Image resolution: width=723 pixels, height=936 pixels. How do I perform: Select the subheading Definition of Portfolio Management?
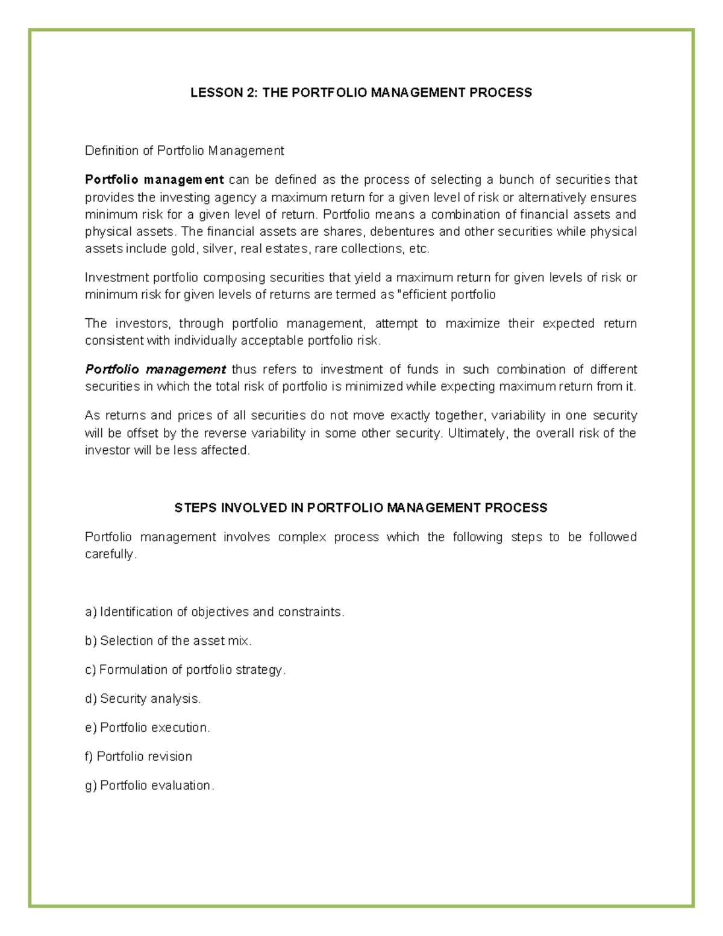184,151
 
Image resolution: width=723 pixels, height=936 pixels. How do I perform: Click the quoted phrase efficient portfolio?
448,295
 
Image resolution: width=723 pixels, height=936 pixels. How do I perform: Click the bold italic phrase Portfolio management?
155,369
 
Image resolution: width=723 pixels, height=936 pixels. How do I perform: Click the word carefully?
111,554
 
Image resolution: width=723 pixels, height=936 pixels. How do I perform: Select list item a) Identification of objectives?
215,612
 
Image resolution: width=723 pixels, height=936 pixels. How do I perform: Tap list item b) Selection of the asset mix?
169,641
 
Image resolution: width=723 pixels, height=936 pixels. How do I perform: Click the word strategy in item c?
260,670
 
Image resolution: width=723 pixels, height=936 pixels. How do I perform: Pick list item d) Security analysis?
143,699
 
